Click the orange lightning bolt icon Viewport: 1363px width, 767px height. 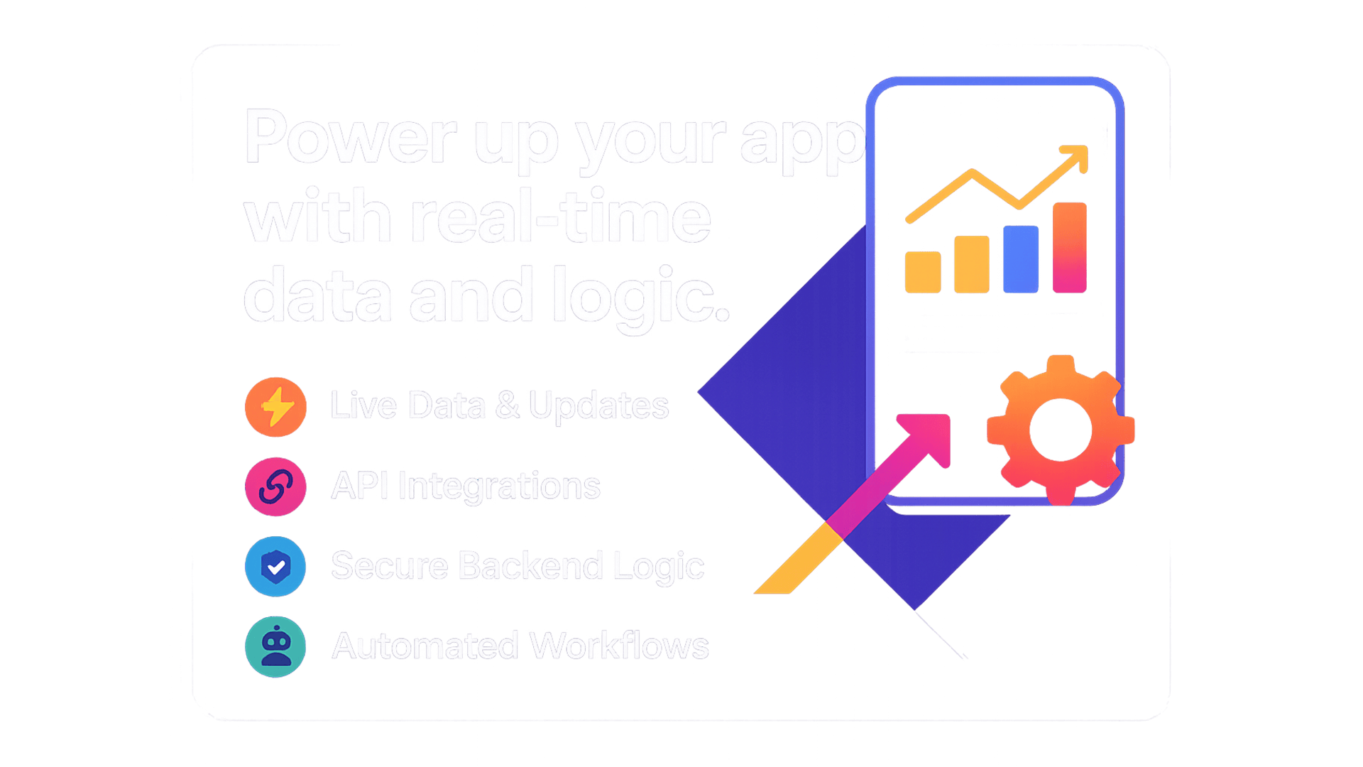[275, 407]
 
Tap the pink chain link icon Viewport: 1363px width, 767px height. [275, 486]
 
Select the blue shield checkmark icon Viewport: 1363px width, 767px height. [275, 567]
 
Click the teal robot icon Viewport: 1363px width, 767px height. [275, 646]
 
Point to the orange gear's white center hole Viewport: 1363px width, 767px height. [1061, 430]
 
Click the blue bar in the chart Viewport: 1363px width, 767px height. [1021, 259]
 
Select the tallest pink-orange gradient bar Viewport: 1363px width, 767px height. [1070, 247]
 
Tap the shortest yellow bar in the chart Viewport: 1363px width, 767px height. [923, 272]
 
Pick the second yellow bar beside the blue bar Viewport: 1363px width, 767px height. [972, 264]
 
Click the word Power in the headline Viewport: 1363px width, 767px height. [351, 136]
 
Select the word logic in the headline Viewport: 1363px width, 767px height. [641, 297]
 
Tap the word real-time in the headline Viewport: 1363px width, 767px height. [561, 216]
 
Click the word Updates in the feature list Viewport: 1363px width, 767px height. [598, 407]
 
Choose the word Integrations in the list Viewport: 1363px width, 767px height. [499, 487]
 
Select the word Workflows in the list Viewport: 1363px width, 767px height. [619, 646]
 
